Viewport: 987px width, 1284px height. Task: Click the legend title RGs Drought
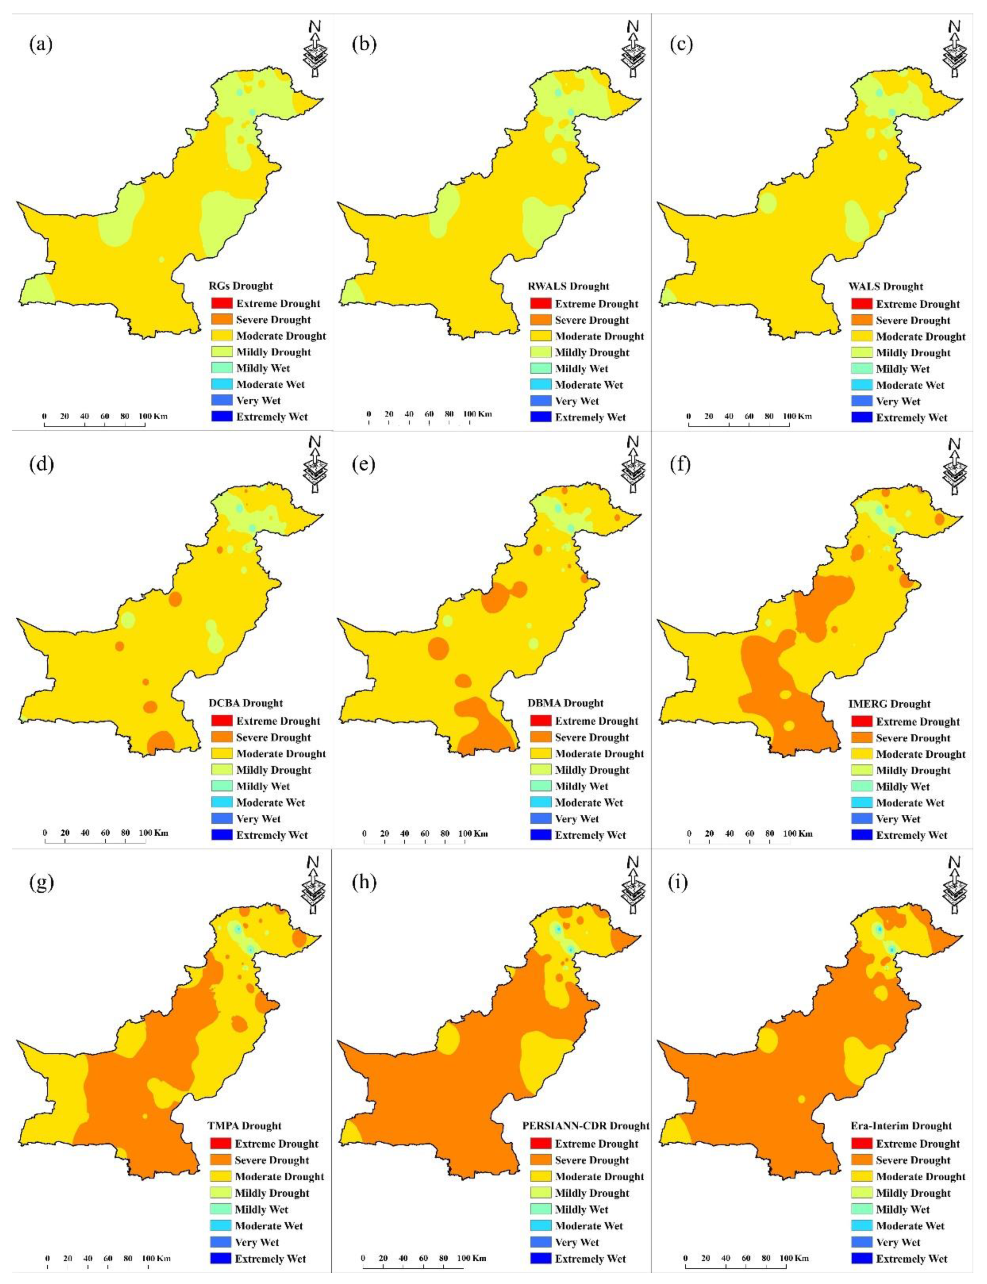click(x=241, y=286)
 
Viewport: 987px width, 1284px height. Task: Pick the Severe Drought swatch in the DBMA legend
click(x=541, y=737)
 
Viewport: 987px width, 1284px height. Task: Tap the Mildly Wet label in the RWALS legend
click(x=582, y=369)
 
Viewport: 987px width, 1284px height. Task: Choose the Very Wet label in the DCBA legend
click(x=258, y=819)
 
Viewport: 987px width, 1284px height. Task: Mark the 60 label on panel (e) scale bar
click(x=425, y=833)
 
